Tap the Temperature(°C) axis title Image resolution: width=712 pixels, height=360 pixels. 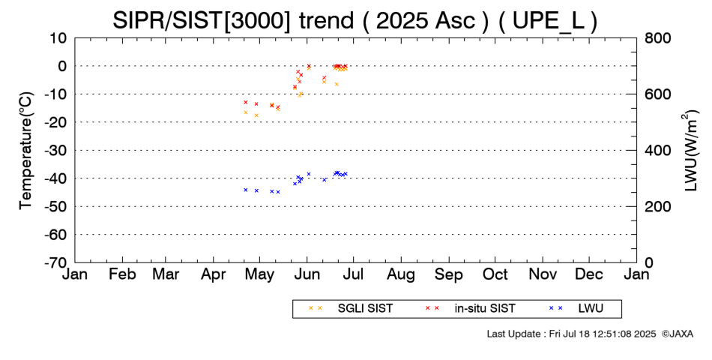pos(27,151)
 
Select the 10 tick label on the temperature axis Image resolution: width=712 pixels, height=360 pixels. pos(58,38)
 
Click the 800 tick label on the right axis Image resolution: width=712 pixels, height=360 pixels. pos(657,38)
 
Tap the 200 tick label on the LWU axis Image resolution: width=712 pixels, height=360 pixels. pos(657,207)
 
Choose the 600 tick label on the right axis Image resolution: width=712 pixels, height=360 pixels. pos(657,94)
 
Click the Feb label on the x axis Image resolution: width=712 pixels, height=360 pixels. pos(122,275)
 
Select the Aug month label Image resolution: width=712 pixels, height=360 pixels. pos(401,275)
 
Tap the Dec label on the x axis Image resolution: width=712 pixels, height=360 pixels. pos(589,275)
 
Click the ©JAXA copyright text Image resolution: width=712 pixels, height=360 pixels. pos(678,334)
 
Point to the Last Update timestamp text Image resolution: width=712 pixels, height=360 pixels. pos(571,334)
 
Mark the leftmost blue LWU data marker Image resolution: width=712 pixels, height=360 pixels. pos(246,190)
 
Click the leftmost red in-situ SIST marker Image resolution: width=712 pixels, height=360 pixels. pos(246,102)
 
